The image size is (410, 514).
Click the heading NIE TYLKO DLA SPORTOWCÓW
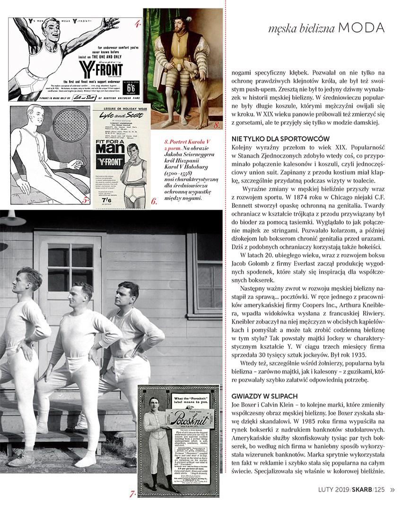[x=277, y=138]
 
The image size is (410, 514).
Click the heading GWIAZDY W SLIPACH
[x=264, y=395]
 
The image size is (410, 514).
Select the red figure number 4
[x=137, y=23]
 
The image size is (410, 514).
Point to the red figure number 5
[x=85, y=200]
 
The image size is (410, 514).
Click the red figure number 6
[x=154, y=202]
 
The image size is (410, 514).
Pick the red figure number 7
[x=133, y=494]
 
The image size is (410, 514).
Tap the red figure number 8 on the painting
[x=217, y=125]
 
